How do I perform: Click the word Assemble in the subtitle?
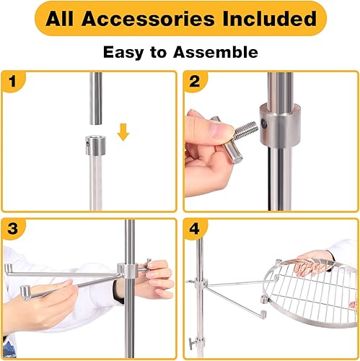coord(219,53)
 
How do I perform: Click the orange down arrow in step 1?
coord(123,133)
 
